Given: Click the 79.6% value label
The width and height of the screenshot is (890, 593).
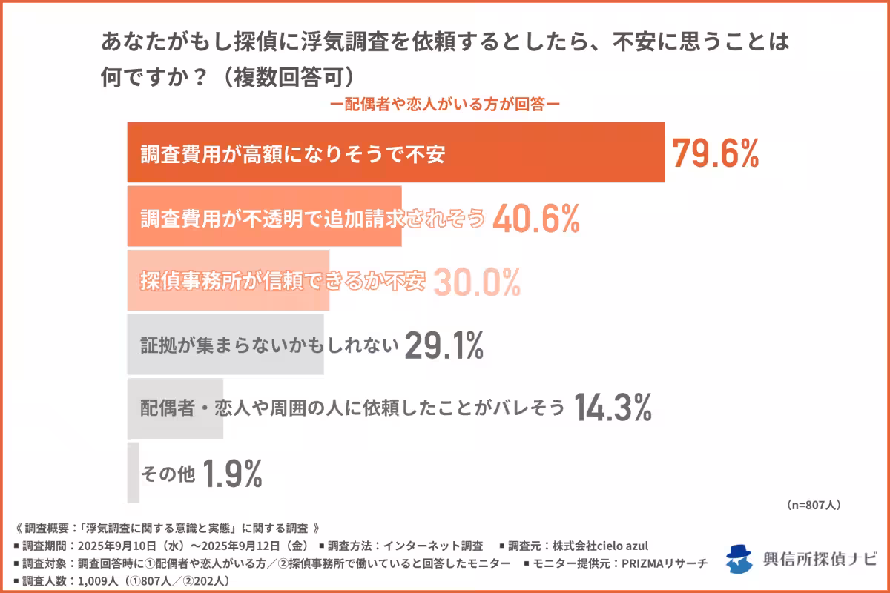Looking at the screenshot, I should tap(716, 153).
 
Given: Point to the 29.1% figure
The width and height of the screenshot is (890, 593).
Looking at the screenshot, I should tap(444, 345).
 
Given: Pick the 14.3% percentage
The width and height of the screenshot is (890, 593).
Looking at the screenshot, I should tap(613, 408).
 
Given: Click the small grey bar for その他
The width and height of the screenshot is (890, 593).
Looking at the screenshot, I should tap(133, 472).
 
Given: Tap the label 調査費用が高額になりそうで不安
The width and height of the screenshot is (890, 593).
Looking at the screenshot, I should tap(292, 154).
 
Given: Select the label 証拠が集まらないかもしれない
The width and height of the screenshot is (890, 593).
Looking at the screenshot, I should tap(270, 345).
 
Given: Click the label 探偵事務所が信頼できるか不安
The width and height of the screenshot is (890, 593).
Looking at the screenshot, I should tap(283, 282).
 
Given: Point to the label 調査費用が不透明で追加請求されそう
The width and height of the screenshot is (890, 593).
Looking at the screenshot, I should tap(312, 218).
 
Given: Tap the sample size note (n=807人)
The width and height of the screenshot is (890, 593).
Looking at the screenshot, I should tap(813, 505).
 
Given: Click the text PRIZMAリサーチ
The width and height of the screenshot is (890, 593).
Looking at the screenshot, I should tap(663, 563).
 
